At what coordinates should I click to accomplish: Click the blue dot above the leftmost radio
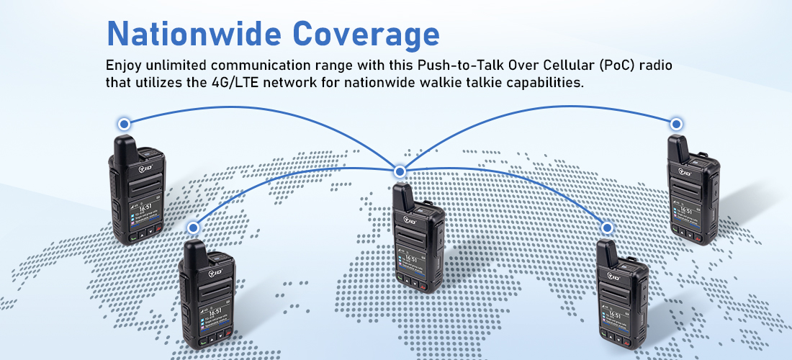(124, 125)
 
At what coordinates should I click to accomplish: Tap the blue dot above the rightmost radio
(676, 125)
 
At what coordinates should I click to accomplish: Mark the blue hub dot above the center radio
(400, 171)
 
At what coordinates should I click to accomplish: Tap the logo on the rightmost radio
(683, 171)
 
